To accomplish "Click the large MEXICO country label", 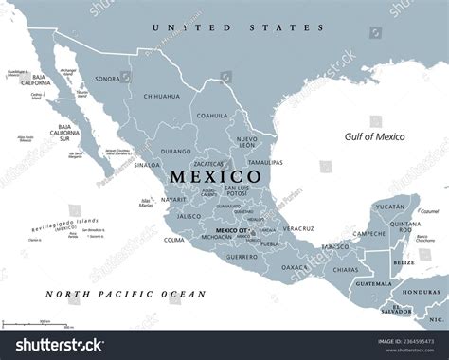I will click(x=216, y=177).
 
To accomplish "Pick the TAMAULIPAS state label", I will click(x=261, y=163).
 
